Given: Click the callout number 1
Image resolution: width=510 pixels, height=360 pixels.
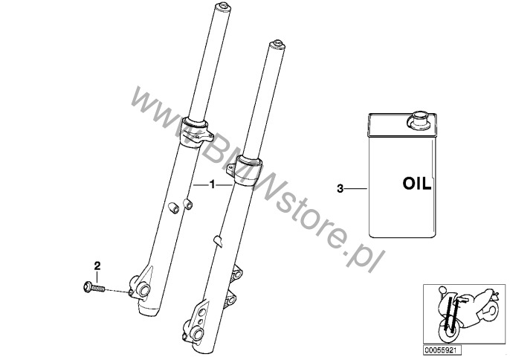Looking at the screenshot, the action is (213, 184).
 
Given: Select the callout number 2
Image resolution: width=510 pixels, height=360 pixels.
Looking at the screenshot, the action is (97, 266).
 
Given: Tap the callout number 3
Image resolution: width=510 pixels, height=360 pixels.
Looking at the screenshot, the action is (340, 188).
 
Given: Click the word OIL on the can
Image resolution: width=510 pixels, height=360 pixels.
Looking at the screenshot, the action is (417, 184).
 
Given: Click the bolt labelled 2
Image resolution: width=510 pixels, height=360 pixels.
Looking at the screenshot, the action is (94, 287).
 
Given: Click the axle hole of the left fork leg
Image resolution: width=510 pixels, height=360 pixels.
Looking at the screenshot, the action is (143, 289).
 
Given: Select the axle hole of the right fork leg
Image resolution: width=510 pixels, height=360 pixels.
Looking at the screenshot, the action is (198, 334).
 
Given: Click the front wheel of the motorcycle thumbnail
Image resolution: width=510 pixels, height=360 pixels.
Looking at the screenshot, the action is (448, 332).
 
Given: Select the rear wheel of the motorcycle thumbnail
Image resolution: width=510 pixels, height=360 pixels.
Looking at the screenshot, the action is (490, 312).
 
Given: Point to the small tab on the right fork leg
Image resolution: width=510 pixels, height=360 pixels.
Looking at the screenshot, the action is (218, 242).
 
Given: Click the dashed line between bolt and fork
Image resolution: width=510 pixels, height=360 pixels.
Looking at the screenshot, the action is (117, 290).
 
